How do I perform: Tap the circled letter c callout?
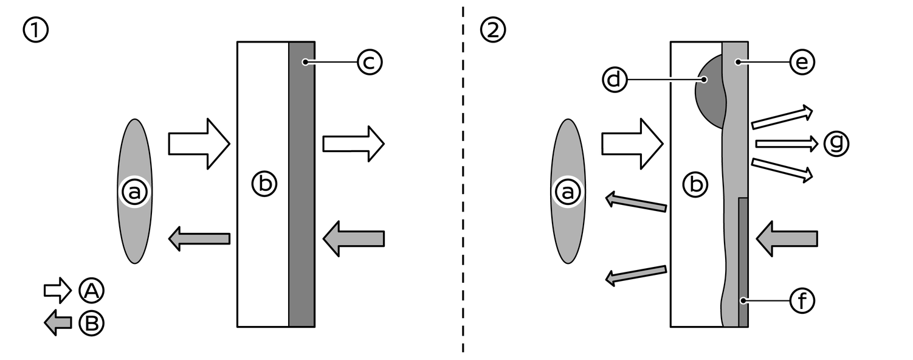click(369, 62)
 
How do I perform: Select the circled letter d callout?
click(615, 80)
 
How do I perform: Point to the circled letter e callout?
click(801, 62)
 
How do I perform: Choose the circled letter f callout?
click(801, 300)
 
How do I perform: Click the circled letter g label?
click(836, 144)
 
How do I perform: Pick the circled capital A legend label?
click(91, 291)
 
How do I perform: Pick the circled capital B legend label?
click(91, 323)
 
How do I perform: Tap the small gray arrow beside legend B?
click(58, 323)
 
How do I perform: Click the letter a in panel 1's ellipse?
click(134, 192)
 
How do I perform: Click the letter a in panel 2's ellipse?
click(568, 192)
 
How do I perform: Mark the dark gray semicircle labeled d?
click(709, 94)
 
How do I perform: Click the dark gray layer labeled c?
click(301, 182)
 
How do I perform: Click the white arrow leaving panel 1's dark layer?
click(353, 144)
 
